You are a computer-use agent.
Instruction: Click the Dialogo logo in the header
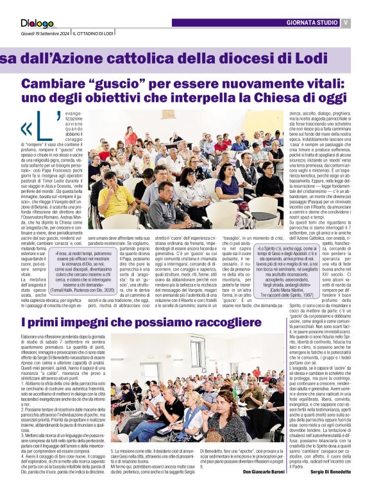(37, 24)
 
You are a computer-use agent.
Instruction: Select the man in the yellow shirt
(115, 199)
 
